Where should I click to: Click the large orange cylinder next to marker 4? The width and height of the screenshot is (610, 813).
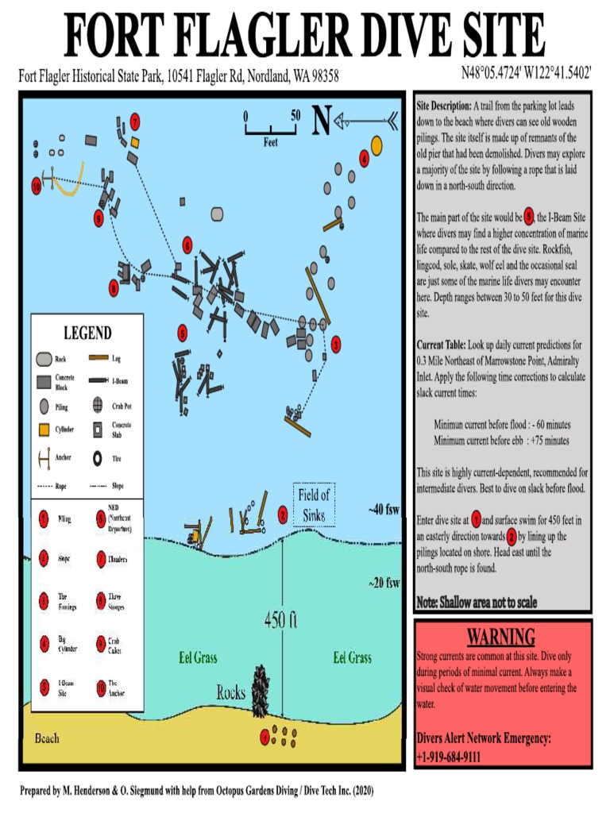point(376,145)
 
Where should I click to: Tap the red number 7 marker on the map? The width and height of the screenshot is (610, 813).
point(136,122)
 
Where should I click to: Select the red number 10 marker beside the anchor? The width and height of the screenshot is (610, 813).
point(37,187)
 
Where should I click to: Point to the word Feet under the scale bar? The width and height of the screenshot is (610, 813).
point(271,144)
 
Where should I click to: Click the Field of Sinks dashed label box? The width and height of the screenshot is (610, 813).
point(314,505)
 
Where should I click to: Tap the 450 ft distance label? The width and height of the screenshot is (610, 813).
point(282,620)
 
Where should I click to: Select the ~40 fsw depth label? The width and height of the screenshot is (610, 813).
point(384,510)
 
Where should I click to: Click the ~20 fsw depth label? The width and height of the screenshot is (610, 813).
point(384,583)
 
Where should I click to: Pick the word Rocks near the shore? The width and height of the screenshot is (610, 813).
point(231,692)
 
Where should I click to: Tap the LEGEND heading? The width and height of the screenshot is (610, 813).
point(87,333)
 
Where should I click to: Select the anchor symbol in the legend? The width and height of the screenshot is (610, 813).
point(44,459)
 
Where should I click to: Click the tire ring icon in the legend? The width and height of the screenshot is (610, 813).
point(97,459)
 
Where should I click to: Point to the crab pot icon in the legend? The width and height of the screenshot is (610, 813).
point(97,405)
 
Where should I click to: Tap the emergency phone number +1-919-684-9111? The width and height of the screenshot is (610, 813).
point(448,757)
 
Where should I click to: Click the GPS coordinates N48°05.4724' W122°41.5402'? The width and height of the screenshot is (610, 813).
point(527,74)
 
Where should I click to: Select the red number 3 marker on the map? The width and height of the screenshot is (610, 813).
point(336,344)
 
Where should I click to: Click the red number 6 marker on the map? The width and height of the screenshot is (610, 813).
point(187,244)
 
